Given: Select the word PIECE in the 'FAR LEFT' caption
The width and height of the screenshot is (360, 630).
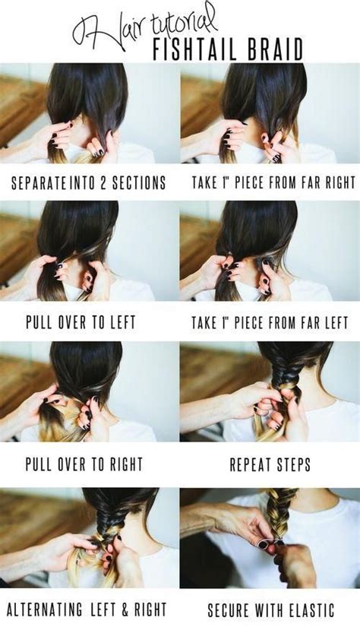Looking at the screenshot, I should coord(247,323).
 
